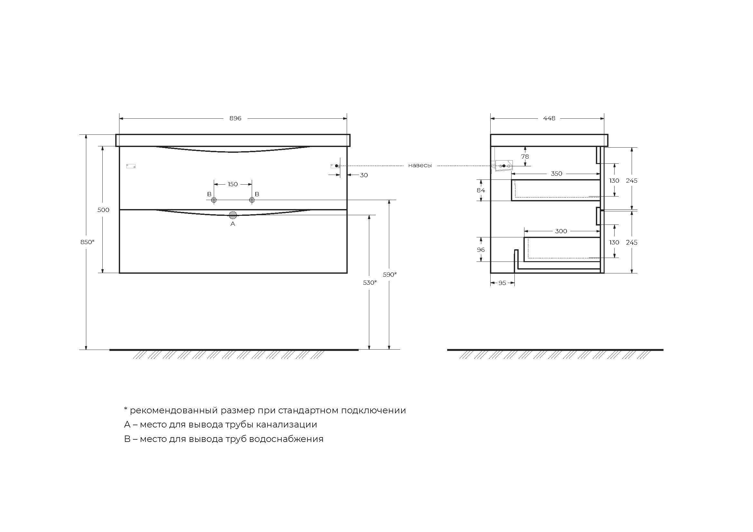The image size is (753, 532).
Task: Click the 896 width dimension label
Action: click(x=235, y=118)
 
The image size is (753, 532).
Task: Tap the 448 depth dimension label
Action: click(x=549, y=118)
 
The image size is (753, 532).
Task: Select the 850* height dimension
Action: click(x=87, y=242)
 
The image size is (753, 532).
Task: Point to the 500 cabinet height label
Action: click(x=103, y=210)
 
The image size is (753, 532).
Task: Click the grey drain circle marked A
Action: click(x=233, y=215)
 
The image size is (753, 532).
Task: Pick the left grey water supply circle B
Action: click(x=214, y=200)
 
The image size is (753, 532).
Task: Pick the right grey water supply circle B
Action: click(x=252, y=200)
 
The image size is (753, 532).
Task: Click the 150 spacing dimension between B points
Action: click(x=232, y=184)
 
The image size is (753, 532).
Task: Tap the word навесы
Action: click(x=420, y=166)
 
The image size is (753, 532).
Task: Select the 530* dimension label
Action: click(x=370, y=282)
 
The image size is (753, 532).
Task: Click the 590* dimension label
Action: click(x=390, y=274)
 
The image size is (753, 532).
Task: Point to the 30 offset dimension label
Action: click(x=364, y=175)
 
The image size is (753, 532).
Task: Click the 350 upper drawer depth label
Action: click(x=556, y=174)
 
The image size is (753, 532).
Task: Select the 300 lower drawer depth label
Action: click(x=561, y=231)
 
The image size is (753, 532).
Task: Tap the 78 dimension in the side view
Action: click(x=525, y=157)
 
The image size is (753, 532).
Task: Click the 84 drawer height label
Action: click(x=481, y=190)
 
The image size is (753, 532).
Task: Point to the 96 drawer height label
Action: click(x=481, y=250)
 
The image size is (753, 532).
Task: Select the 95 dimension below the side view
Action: click(x=502, y=283)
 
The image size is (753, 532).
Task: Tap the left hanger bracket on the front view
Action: click(x=131, y=166)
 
